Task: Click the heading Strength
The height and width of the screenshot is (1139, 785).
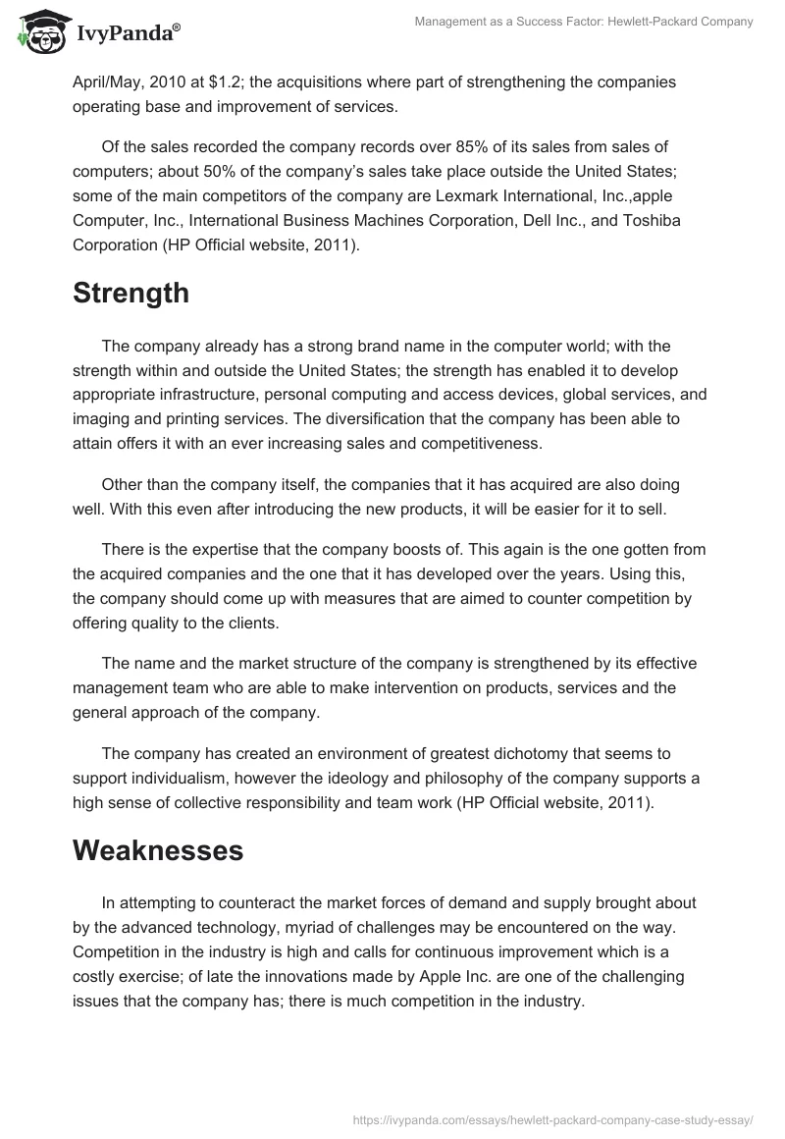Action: point(131,293)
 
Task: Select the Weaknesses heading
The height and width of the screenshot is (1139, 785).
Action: point(158,850)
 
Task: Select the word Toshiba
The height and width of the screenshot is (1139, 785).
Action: point(648,221)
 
